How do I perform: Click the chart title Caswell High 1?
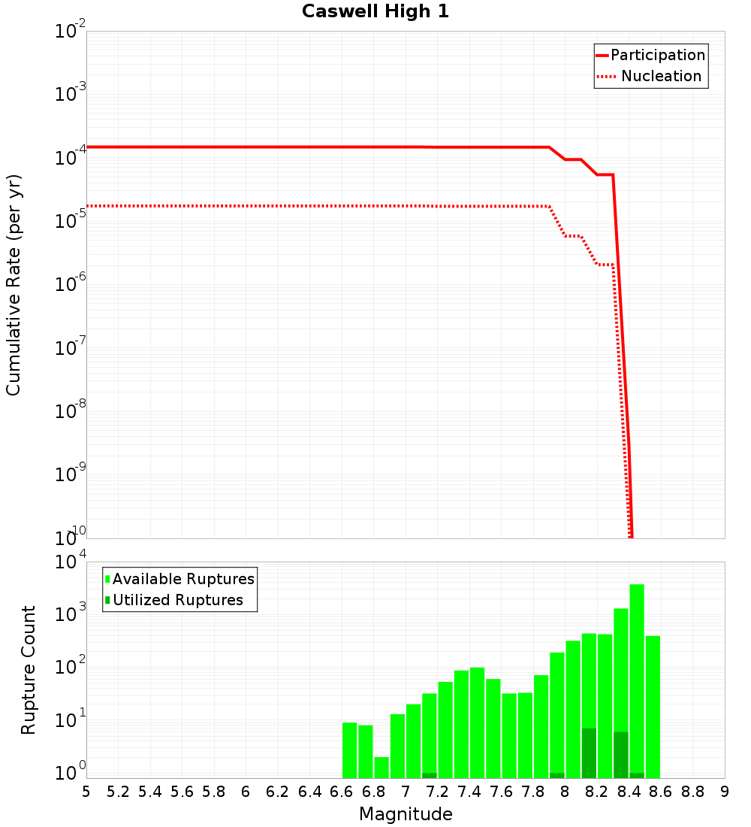point(375,12)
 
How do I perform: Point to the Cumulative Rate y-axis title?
point(14,285)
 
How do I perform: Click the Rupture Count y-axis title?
point(29,670)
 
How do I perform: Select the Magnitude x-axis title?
point(406,814)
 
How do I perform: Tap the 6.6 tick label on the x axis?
point(342,792)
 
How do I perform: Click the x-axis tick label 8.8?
point(692,792)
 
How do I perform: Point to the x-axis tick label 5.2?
point(118,792)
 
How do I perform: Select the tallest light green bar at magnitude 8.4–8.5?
point(637,677)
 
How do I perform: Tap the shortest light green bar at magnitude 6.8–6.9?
point(382,768)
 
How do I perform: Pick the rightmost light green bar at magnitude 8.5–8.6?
point(653,707)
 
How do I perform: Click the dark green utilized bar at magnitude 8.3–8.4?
point(621,755)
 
